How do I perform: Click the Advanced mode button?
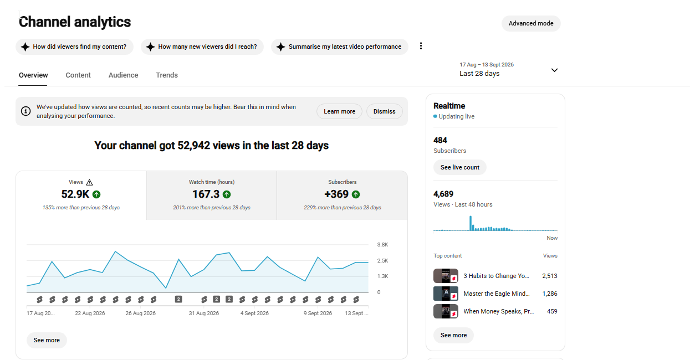coord(531,23)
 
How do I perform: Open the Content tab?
coord(78,75)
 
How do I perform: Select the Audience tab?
coord(123,75)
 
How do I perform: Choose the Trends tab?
coord(167,75)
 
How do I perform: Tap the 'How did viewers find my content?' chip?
coord(75,47)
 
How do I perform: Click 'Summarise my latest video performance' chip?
coord(340,47)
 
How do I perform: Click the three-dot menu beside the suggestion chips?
coord(421,46)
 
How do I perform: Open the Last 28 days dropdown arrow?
coord(554,70)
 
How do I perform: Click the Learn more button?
coord(339,111)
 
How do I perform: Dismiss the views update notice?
coord(385,111)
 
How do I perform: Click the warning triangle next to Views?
coord(89,182)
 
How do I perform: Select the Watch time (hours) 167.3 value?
coord(206,194)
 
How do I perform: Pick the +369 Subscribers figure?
coord(336,194)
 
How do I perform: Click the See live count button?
coord(460,167)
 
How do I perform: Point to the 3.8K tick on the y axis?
coord(382,244)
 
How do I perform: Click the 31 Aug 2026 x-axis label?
coord(203,313)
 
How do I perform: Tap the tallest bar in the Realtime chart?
coord(471,223)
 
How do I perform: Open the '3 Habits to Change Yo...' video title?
coord(496,276)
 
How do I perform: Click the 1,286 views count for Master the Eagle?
coord(550,294)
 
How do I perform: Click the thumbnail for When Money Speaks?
coord(446,311)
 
